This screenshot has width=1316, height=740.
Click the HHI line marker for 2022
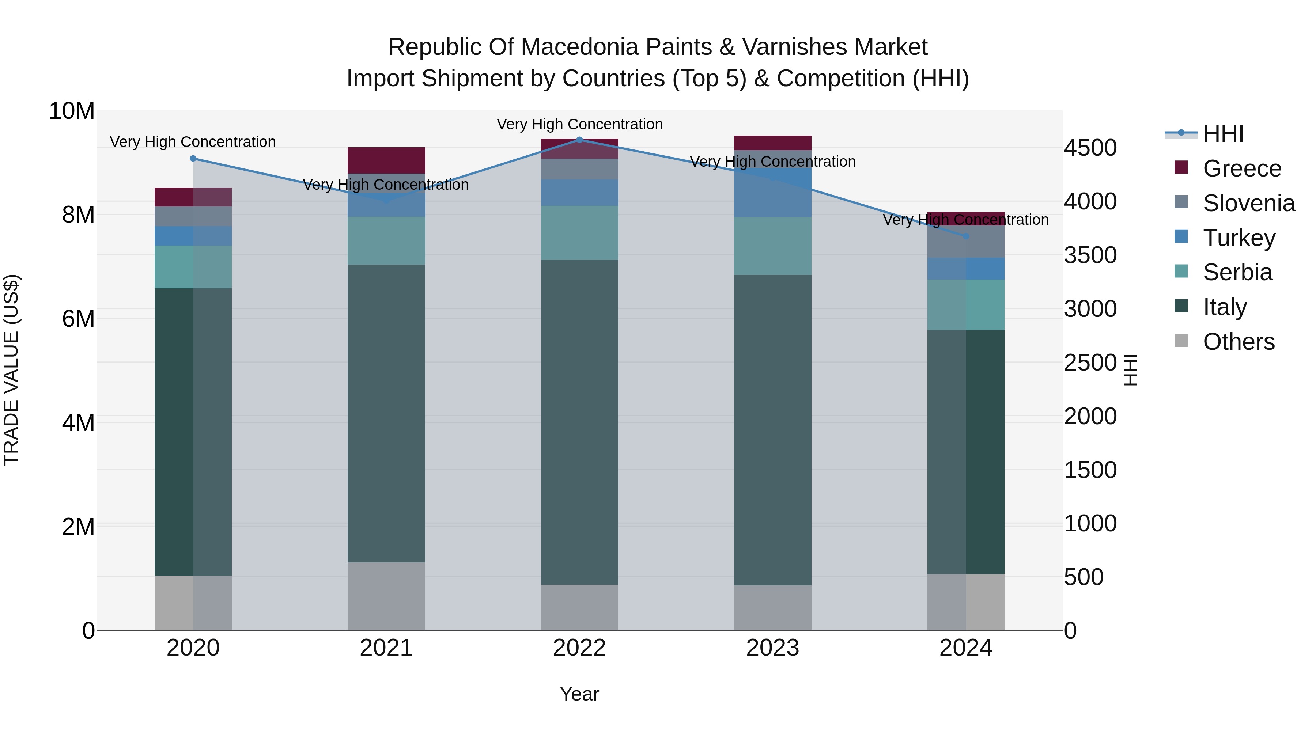pos(579,140)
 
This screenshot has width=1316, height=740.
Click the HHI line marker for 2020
pos(193,158)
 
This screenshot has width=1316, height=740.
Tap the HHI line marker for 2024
pos(965,236)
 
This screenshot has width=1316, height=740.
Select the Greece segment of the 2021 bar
pos(386,160)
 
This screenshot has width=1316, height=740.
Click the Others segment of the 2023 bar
pos(772,607)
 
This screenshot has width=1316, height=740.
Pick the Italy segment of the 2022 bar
pos(579,422)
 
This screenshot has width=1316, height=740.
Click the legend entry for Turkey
pos(1239,238)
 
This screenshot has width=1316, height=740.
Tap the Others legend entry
pos(1239,342)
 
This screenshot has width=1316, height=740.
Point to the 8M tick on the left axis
pos(78,215)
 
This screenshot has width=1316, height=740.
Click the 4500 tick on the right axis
pos(1090,148)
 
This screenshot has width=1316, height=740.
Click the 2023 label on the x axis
pos(772,648)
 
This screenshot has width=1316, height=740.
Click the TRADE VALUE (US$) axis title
pos(11,370)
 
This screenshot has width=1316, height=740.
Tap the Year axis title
pos(579,694)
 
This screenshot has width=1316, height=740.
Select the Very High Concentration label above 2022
pos(579,124)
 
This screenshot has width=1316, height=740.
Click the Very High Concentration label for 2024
pos(965,220)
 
